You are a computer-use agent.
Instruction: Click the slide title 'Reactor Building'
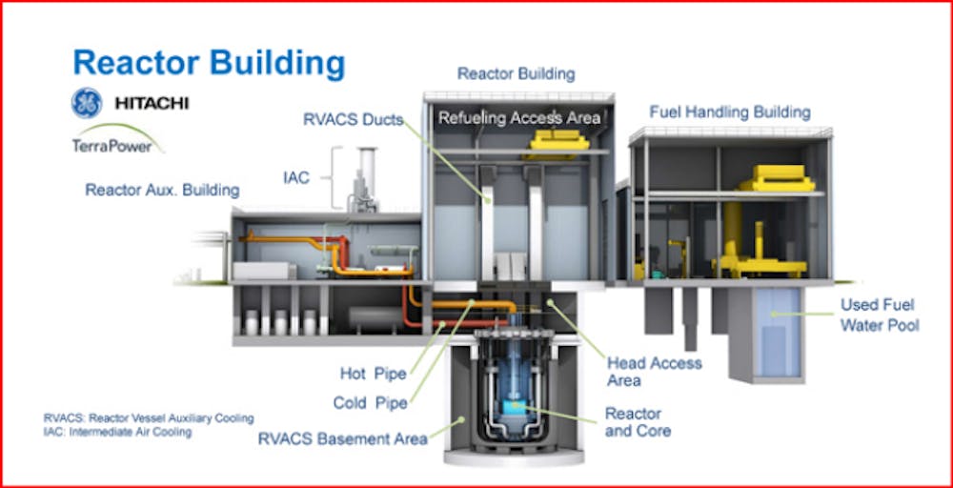pyautogui.click(x=209, y=63)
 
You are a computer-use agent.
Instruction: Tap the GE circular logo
pyautogui.click(x=87, y=103)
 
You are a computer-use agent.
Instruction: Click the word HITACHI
pyautogui.click(x=151, y=103)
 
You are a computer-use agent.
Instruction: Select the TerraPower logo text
pyautogui.click(x=108, y=146)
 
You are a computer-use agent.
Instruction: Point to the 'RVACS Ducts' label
pyautogui.click(x=353, y=120)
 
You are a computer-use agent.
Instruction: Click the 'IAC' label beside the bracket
pyautogui.click(x=297, y=177)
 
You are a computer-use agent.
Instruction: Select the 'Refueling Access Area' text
pyautogui.click(x=519, y=118)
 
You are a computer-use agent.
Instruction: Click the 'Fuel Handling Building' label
pyautogui.click(x=730, y=112)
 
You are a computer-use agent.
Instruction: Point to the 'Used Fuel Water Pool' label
pyautogui.click(x=878, y=315)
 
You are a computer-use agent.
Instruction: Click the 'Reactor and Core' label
pyautogui.click(x=638, y=421)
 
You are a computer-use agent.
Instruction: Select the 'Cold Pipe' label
pyautogui.click(x=370, y=403)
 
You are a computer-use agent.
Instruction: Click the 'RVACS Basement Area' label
pyautogui.click(x=343, y=438)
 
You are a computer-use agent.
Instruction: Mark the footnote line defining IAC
pyautogui.click(x=117, y=432)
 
